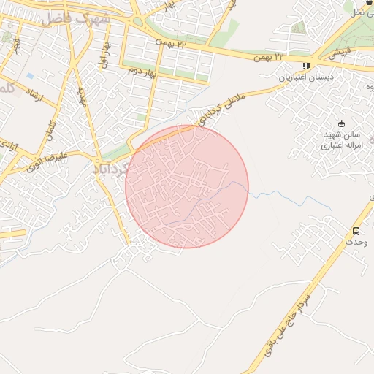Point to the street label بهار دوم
pyautogui.click(x=144, y=71)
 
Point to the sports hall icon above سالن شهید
pyautogui.click(x=341, y=123)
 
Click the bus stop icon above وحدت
pyautogui.click(x=356, y=229)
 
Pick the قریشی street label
pyautogui.click(x=337, y=53)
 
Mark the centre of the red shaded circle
pyautogui.click(x=187, y=186)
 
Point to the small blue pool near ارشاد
pyautogui.click(x=29, y=75)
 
